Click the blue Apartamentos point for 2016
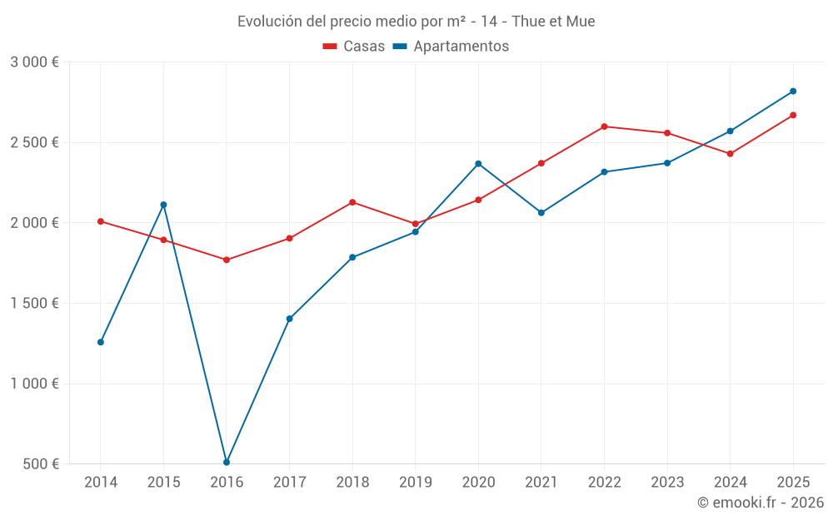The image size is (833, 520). pyautogui.click(x=227, y=462)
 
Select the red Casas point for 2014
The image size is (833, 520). pyautogui.click(x=101, y=221)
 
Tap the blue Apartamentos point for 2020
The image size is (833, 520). pyautogui.click(x=478, y=164)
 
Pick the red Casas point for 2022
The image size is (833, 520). pyautogui.click(x=604, y=126)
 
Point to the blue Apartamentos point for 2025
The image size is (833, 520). pyautogui.click(x=793, y=92)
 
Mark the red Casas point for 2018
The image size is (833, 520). pyautogui.click(x=352, y=202)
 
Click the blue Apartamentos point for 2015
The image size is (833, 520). pyautogui.click(x=163, y=205)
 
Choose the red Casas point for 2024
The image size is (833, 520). pyautogui.click(x=731, y=154)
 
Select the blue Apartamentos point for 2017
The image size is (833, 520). pyautogui.click(x=289, y=319)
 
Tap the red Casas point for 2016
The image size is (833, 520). pyautogui.click(x=227, y=260)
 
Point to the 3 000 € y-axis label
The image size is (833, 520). pyautogui.click(x=34, y=62)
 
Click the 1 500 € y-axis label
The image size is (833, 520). pyautogui.click(x=34, y=303)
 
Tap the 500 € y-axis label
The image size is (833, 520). pyautogui.click(x=40, y=464)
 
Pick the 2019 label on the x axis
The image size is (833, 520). pyautogui.click(x=415, y=482)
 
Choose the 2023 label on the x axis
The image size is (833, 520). pyautogui.click(x=667, y=482)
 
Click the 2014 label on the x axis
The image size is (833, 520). pyautogui.click(x=101, y=482)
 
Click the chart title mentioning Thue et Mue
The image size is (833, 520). pyautogui.click(x=416, y=22)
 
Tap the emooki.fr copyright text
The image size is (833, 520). pyautogui.click(x=761, y=503)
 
